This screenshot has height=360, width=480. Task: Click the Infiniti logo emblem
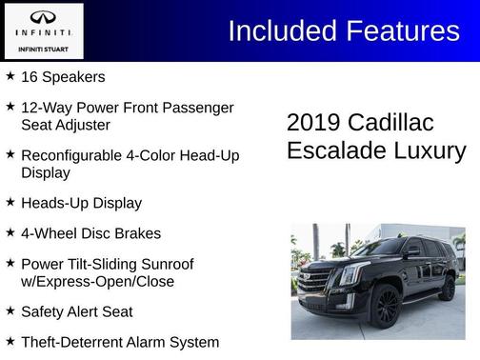tap(43, 17)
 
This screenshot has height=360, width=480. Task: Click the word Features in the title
tap(401, 30)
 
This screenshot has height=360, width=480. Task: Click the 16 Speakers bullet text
tap(63, 77)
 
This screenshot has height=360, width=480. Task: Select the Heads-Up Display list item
tap(81, 203)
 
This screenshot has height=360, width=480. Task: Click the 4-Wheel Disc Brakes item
tap(90, 233)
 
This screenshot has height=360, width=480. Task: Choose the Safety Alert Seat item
tap(76, 311)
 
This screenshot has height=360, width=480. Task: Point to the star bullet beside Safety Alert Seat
tap(10, 310)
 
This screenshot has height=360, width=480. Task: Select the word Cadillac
tap(390, 123)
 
